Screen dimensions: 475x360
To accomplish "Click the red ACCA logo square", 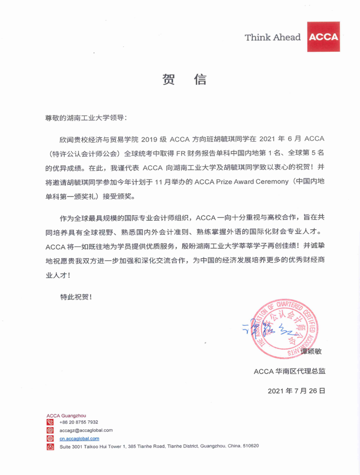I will point(324,37).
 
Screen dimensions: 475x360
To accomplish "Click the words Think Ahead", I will point(273,37).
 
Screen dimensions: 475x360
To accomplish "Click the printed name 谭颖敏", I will point(311,353).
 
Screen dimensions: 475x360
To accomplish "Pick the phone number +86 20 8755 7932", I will point(79,422).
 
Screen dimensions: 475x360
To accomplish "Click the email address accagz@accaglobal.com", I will point(86,430).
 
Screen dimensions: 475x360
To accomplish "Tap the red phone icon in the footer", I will point(50,422).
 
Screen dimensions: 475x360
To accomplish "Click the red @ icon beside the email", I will point(50,430).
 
